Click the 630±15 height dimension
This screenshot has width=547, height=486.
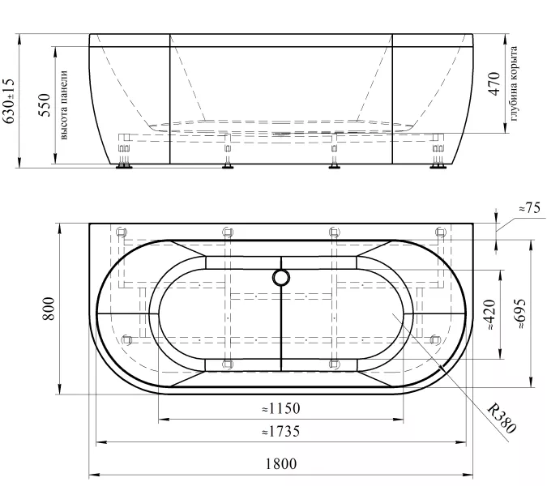8,101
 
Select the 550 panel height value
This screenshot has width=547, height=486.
45,105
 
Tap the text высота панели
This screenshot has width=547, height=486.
63,105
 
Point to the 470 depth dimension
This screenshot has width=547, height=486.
494,83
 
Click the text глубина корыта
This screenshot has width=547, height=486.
514,83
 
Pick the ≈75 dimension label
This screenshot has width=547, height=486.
529,208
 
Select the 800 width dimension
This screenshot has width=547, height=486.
49,309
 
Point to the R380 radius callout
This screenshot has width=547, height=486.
502,418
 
